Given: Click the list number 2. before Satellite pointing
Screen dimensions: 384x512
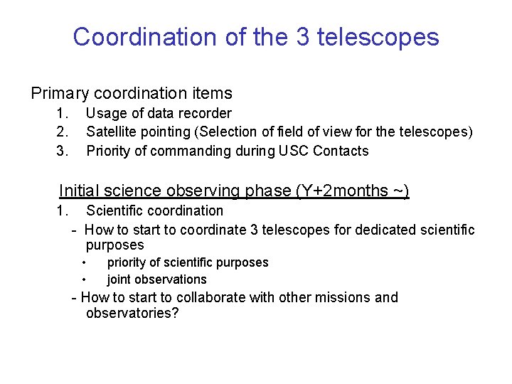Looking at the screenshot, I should click(x=63, y=132).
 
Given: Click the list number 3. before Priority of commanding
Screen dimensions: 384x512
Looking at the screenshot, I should click(x=63, y=151).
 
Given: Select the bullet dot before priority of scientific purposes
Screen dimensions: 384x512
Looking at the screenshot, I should click(x=84, y=262).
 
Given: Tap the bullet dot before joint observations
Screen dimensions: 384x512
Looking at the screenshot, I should click(x=84, y=279).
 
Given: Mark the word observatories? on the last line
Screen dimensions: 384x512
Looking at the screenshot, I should click(x=132, y=314).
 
